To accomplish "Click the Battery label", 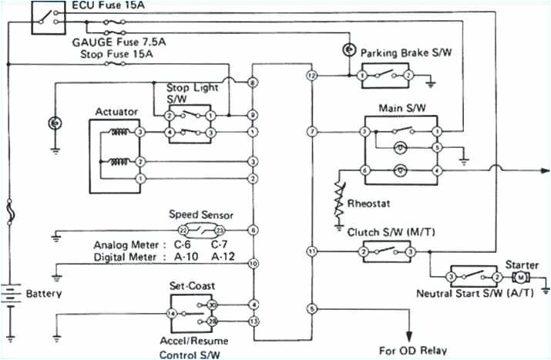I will click(44, 294).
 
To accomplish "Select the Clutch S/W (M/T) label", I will click(390, 230).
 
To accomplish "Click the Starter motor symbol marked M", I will click(520, 277).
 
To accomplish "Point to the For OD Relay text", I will click(412, 350).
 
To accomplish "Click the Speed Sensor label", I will click(200, 215).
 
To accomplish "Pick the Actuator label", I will click(116, 112).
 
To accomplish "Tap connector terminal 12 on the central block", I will click(311, 76).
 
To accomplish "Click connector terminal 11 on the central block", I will click(311, 251).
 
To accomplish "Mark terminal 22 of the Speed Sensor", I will click(183, 230).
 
